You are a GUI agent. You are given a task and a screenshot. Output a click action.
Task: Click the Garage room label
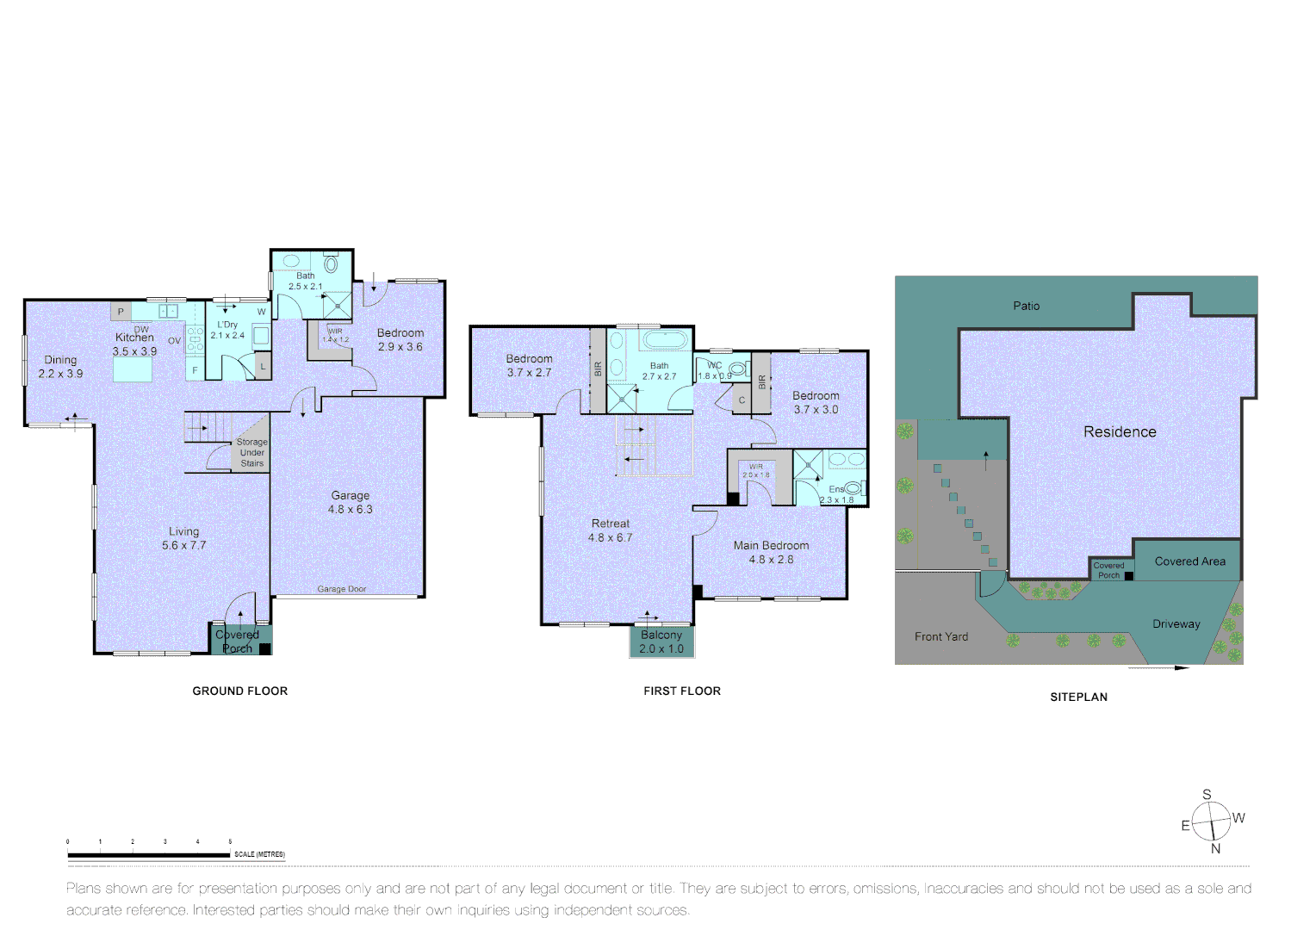tap(350, 502)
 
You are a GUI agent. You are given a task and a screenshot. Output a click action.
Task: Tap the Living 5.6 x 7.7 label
tap(183, 538)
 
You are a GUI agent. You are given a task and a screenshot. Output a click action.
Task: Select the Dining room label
tap(60, 367)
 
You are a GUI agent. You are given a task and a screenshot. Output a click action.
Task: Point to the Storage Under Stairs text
tap(251, 453)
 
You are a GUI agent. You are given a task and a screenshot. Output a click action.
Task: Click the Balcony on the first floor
tap(661, 642)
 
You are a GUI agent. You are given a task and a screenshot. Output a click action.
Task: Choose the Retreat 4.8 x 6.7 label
tap(610, 530)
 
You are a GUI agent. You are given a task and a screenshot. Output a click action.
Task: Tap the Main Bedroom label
tap(771, 552)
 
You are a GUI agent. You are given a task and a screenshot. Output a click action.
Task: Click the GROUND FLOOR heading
tap(239, 691)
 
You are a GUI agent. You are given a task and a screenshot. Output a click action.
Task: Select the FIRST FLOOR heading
tap(681, 691)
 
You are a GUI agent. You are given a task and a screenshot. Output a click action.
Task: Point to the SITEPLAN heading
tap(1078, 697)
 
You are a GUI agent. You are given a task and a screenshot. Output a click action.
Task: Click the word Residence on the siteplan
tap(1120, 432)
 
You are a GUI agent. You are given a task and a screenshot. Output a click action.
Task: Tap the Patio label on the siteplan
tap(1026, 306)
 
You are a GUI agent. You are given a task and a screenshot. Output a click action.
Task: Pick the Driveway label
tap(1176, 624)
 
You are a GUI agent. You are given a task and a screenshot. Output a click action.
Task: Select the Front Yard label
tap(940, 636)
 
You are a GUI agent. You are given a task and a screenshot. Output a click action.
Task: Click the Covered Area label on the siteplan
tap(1189, 561)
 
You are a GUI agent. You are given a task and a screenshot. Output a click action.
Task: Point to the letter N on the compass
tap(1215, 849)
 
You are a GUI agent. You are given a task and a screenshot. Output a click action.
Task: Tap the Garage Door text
tap(341, 589)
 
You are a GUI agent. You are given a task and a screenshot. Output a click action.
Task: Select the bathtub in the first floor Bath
tap(665, 339)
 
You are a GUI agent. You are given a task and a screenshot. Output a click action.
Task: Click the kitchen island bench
tap(133, 369)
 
